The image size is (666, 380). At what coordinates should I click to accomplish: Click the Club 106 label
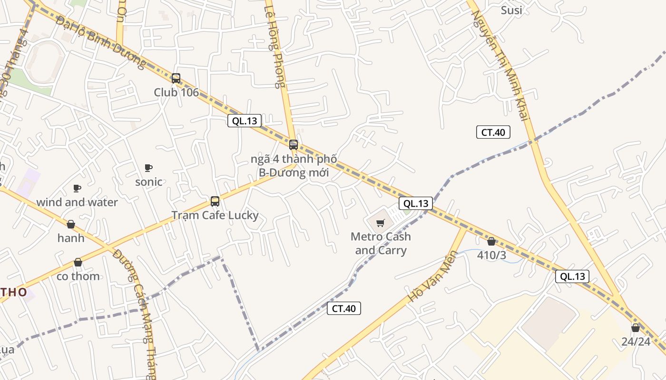point(176,92)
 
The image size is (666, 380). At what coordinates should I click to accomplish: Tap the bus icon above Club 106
point(176,78)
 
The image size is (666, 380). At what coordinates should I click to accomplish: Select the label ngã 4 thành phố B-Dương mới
point(294,166)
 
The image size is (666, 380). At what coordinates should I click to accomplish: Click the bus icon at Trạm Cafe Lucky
point(215,201)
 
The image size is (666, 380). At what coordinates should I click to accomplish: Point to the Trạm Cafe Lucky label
point(215,215)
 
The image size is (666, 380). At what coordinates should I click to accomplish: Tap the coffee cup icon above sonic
point(148,168)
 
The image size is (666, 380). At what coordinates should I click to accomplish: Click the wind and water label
point(77,202)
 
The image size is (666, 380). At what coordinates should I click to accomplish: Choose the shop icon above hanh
point(71,224)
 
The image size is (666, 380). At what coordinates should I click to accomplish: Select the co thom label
point(78,276)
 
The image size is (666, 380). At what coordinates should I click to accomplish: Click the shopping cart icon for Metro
point(380,223)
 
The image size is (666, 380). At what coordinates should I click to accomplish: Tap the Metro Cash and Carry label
point(381,243)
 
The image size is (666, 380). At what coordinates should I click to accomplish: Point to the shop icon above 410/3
point(491,241)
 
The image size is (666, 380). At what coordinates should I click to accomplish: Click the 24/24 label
point(636,342)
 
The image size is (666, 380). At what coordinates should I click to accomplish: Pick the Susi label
point(511,10)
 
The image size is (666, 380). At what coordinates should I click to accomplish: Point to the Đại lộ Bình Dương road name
point(100,42)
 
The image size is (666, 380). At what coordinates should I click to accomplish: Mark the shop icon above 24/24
point(636,328)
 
